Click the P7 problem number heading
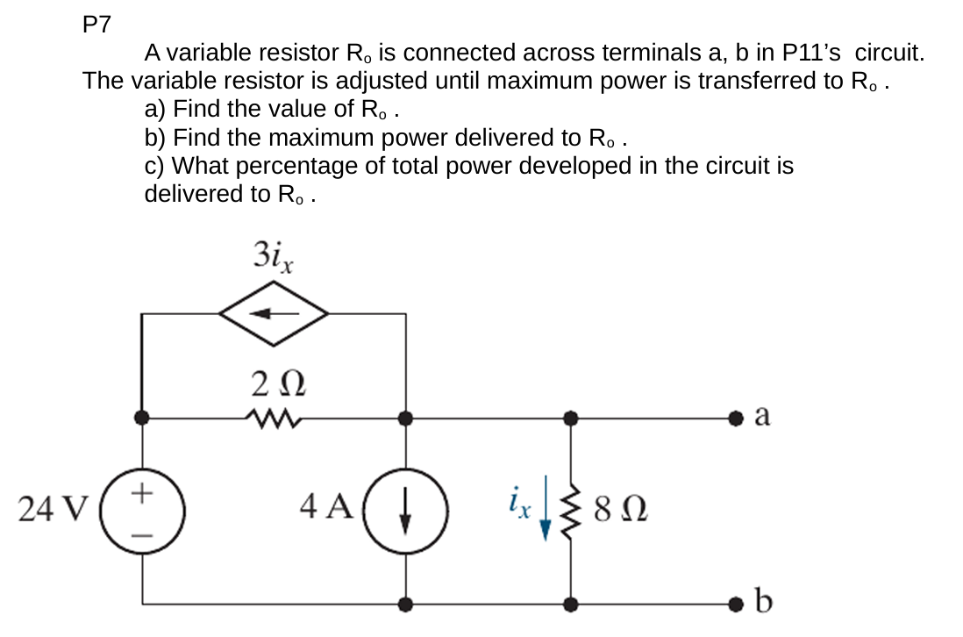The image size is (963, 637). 96,25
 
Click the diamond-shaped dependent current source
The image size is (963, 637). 274,311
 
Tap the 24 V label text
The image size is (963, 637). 53,508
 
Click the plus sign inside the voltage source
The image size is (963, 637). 142,493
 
